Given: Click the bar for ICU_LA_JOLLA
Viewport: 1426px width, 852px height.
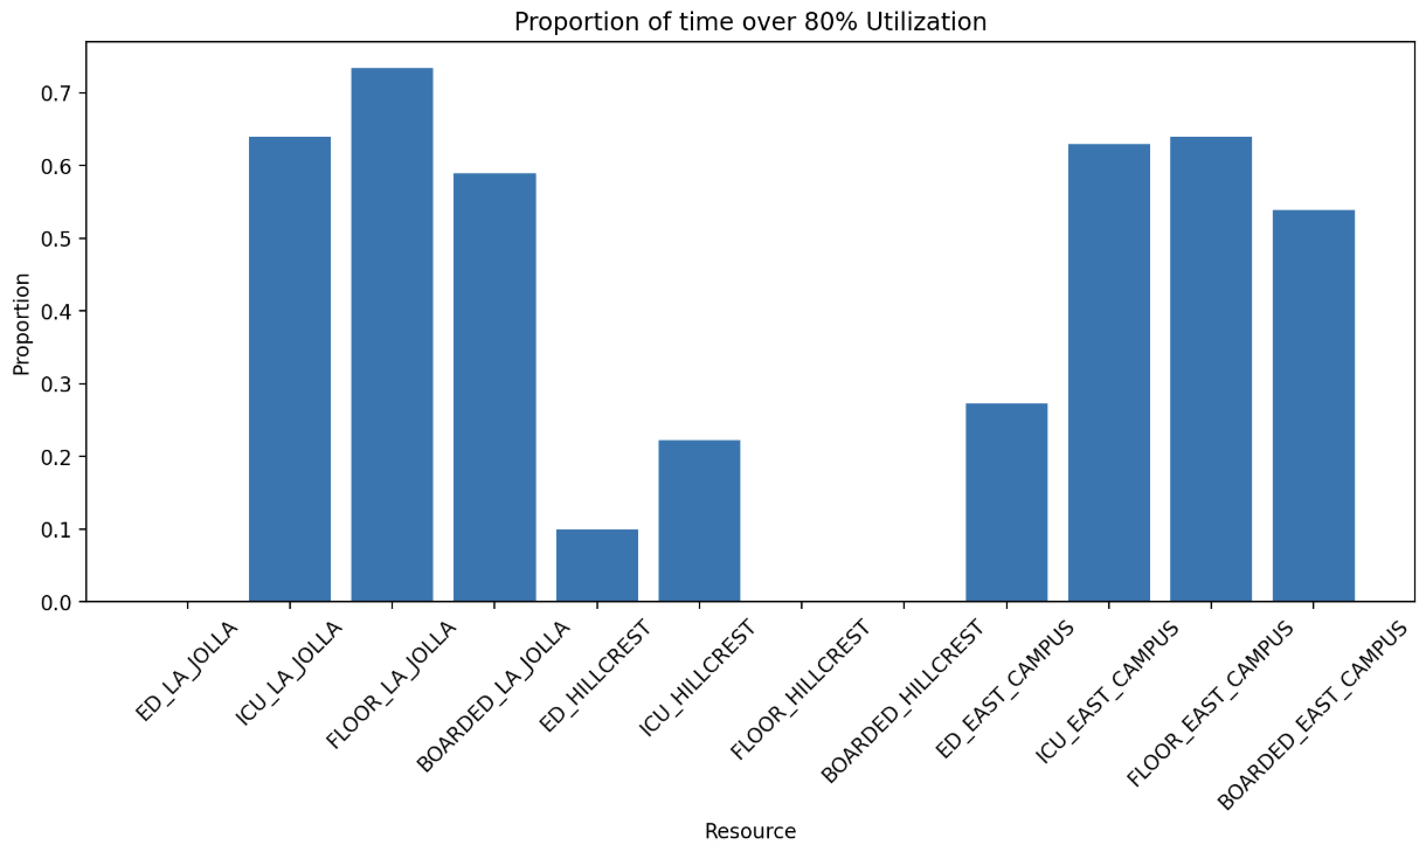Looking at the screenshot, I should click(x=290, y=369).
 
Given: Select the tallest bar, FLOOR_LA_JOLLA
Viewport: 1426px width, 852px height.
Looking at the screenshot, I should click(x=392, y=335).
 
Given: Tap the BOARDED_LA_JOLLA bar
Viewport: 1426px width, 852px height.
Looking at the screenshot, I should click(x=494, y=387).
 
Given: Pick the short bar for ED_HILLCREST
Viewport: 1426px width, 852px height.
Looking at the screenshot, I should click(x=597, y=565).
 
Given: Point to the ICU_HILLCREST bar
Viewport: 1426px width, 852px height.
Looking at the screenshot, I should click(x=699, y=520).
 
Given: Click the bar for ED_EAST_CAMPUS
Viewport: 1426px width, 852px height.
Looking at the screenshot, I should click(x=1006, y=502).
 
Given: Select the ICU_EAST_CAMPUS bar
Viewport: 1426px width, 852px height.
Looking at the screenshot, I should click(x=1109, y=372).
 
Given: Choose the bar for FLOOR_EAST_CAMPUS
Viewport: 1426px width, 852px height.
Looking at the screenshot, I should click(x=1211, y=369).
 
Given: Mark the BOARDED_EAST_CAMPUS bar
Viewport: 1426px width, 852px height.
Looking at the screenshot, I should click(x=1313, y=406).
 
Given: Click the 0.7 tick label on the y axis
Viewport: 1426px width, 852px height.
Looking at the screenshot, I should click(x=55, y=93).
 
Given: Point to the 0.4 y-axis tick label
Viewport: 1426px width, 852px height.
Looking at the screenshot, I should click(x=55, y=311).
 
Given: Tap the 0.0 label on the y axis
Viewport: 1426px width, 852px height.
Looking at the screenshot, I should click(x=55, y=602).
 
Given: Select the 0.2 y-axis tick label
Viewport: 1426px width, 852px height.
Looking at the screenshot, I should click(x=55, y=457).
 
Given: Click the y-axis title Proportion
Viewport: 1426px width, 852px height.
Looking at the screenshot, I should click(x=22, y=324).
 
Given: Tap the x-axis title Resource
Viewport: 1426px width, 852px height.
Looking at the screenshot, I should click(x=750, y=831).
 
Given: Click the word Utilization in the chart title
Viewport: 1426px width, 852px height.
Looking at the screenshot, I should click(x=926, y=22).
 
